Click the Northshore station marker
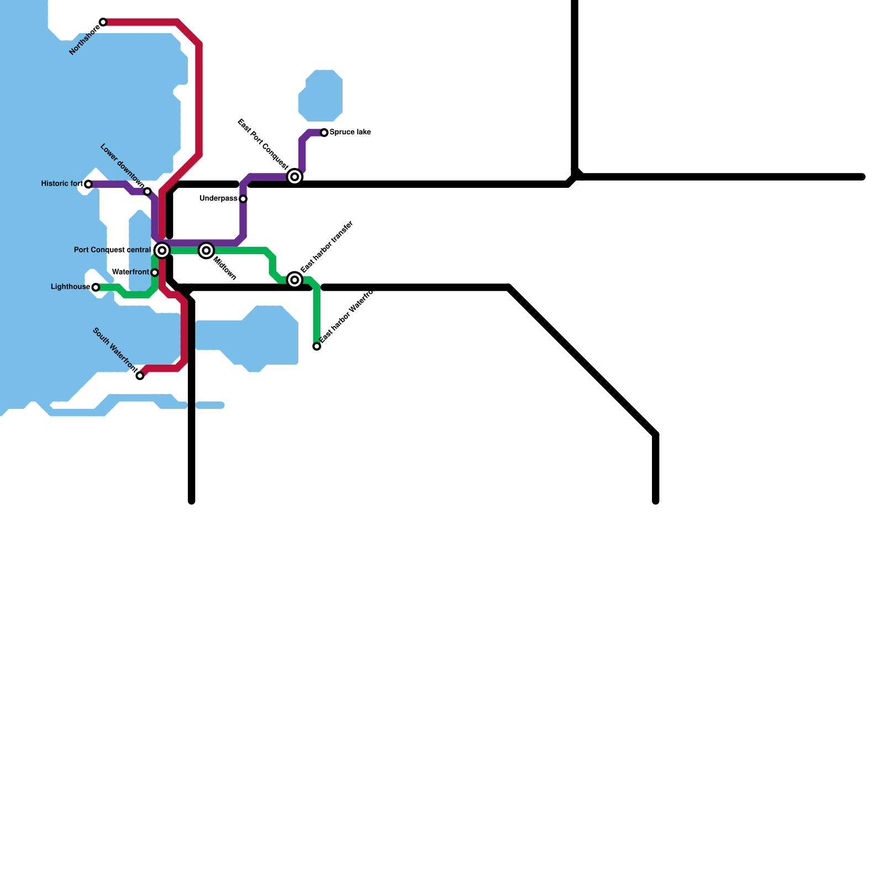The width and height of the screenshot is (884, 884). (x=103, y=22)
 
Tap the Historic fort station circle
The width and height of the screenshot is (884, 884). (x=88, y=184)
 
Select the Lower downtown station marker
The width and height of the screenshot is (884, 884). (x=148, y=192)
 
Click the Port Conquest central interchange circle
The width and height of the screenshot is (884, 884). (x=162, y=251)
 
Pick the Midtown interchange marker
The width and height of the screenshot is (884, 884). (x=206, y=251)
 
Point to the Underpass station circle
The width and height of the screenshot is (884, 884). (x=243, y=199)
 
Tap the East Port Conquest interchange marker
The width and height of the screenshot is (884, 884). (x=295, y=177)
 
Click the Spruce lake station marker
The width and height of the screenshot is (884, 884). (x=324, y=133)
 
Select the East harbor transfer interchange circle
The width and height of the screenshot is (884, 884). (x=295, y=280)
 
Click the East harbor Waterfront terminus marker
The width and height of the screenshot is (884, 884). (x=317, y=346)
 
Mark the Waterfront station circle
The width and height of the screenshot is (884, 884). (x=155, y=273)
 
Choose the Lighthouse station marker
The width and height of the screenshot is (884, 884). (x=96, y=287)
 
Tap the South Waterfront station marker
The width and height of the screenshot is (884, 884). (x=140, y=376)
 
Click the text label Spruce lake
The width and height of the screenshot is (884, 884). (x=350, y=133)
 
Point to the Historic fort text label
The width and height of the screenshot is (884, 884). (x=62, y=184)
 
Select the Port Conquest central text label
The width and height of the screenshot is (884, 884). (x=112, y=250)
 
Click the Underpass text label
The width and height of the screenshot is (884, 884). (x=218, y=199)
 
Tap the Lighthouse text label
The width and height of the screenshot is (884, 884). (x=70, y=287)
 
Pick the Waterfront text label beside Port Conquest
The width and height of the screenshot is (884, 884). (x=130, y=272)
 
